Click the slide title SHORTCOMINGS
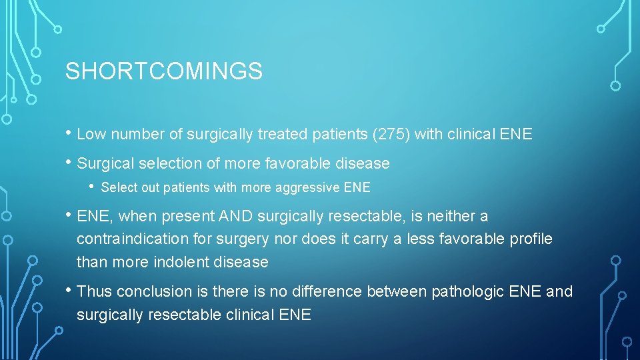tap(163, 71)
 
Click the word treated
tap(279, 135)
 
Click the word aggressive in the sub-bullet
tap(307, 188)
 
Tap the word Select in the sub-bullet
tap(117, 188)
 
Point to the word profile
tap(529, 239)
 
